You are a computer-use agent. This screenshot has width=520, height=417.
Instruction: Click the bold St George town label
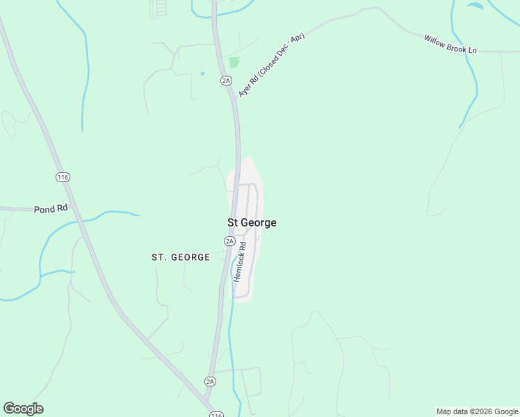tap(252, 222)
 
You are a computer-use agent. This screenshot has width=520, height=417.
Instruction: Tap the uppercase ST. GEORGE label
tap(181, 257)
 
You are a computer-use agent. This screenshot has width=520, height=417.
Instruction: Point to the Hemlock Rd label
tap(241, 261)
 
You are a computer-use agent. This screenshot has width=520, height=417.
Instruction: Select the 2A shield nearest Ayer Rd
tap(226, 81)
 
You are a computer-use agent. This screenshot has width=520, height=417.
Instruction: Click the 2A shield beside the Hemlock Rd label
tap(229, 241)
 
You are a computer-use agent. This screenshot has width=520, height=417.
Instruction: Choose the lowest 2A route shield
tap(210, 382)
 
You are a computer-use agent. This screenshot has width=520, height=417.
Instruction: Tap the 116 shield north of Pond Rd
tap(63, 177)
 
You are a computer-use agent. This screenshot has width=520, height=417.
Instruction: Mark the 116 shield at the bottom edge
tap(216, 415)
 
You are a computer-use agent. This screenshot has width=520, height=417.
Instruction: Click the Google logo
tap(23, 408)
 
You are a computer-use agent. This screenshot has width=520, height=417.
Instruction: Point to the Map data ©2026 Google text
tap(477, 411)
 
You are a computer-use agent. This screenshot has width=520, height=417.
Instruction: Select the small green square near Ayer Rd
tap(234, 62)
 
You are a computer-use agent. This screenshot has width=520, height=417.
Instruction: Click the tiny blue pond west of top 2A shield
tap(202, 73)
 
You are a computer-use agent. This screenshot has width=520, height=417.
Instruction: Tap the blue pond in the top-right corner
tap(475, 6)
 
